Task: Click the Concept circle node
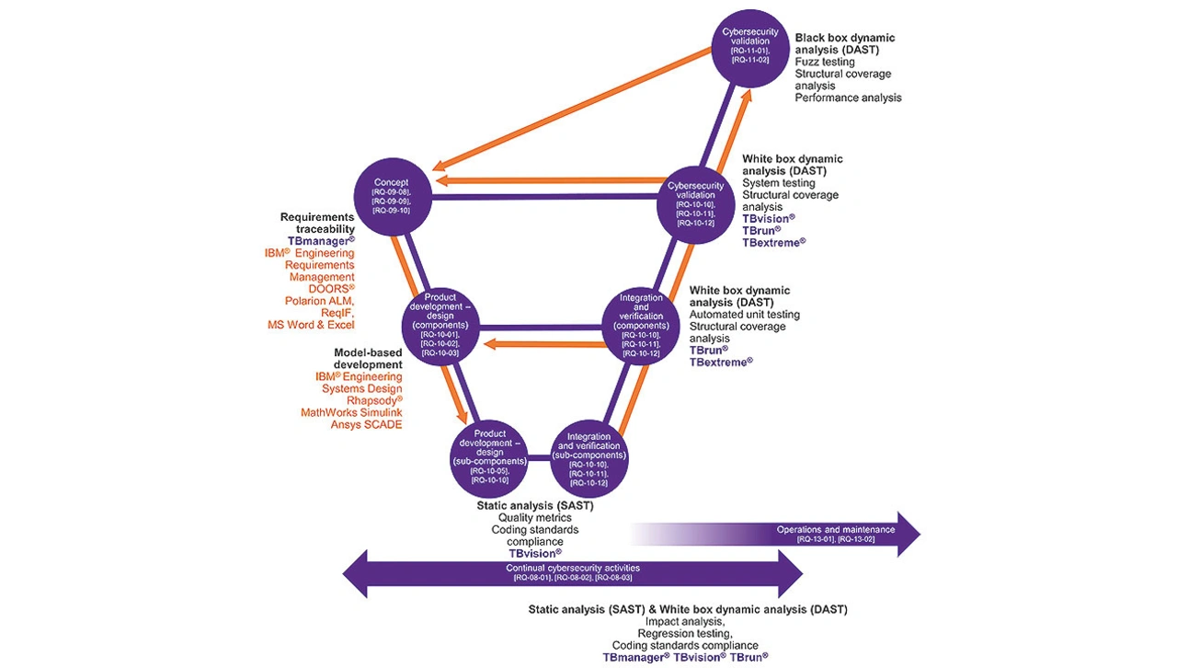[x=393, y=196]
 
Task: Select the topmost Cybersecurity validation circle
[x=750, y=48]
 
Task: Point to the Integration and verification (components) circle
[x=641, y=326]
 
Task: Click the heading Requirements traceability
[x=317, y=223]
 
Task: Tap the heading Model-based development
[x=367, y=359]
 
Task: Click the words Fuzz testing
[x=826, y=62]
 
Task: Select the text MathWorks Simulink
[x=351, y=412]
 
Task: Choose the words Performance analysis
[x=848, y=98]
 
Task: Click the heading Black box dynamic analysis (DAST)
[x=844, y=44]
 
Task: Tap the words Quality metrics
[x=534, y=518]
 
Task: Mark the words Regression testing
[x=685, y=633]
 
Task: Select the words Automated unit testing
[x=744, y=315]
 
